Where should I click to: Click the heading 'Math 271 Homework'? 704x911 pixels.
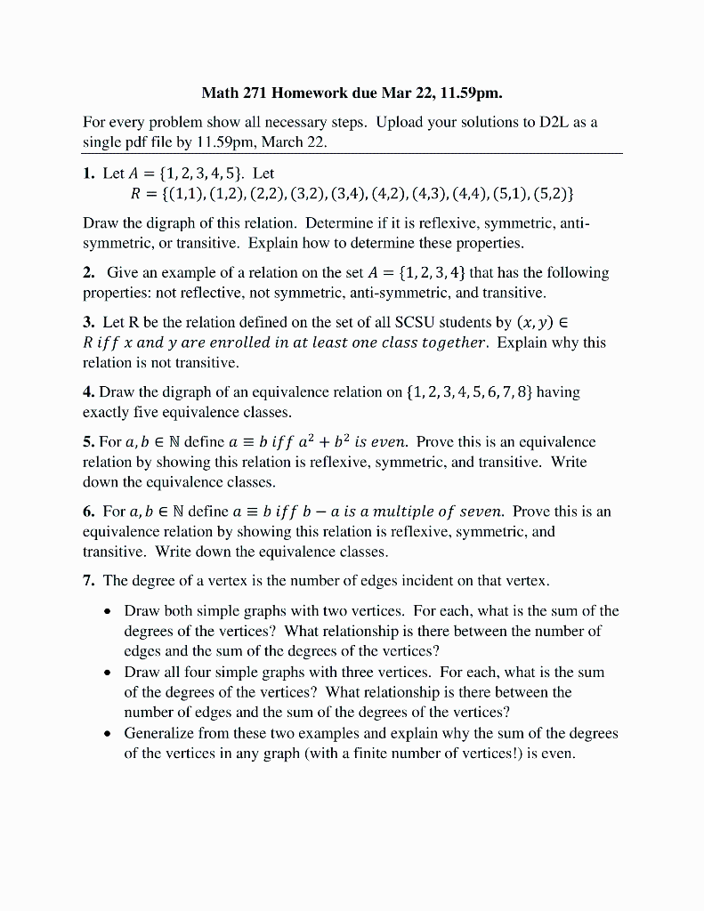[x=278, y=93]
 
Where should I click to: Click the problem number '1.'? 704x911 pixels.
[x=89, y=173]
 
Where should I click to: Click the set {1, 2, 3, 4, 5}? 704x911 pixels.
[x=196, y=173]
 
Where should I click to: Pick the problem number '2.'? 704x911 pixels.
[x=89, y=272]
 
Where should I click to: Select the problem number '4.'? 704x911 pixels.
[x=89, y=391]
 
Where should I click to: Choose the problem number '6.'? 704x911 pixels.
[x=89, y=511]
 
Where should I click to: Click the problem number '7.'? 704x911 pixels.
[x=89, y=581]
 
